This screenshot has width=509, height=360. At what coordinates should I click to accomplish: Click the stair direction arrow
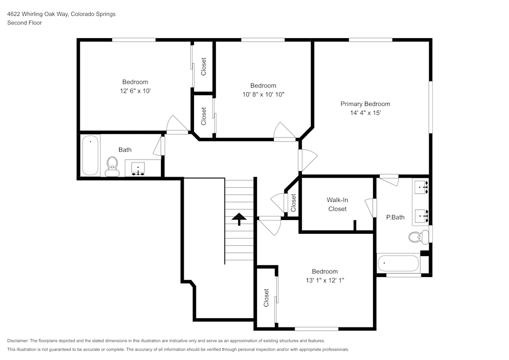pos(239,219)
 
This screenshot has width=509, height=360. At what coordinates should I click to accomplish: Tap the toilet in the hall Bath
pos(111,166)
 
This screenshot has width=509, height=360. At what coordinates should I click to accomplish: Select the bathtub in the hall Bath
pos(90,155)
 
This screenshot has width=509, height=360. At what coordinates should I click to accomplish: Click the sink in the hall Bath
pos(137,169)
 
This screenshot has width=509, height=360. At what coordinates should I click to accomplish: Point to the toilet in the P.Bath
pos(418,236)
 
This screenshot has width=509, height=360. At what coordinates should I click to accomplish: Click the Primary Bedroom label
pos(365,104)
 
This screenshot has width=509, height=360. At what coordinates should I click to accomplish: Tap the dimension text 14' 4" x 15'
pos(365,113)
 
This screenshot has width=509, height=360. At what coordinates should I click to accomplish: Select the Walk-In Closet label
pos(337,205)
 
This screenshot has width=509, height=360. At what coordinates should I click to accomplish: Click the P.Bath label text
pos(395,217)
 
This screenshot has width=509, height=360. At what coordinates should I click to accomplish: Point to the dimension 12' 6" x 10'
pos(135,91)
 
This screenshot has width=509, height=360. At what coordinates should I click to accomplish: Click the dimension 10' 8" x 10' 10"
pos(263,95)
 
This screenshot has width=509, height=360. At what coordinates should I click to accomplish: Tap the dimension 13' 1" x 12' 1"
pos(324,281)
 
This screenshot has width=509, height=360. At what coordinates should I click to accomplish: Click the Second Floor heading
pos(24,23)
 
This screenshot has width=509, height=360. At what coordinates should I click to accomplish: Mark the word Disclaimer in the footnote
pos(18,341)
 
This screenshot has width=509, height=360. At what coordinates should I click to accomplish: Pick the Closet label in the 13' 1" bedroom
pos(266,298)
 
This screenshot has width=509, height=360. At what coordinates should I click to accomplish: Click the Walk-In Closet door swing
pos(371,208)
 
